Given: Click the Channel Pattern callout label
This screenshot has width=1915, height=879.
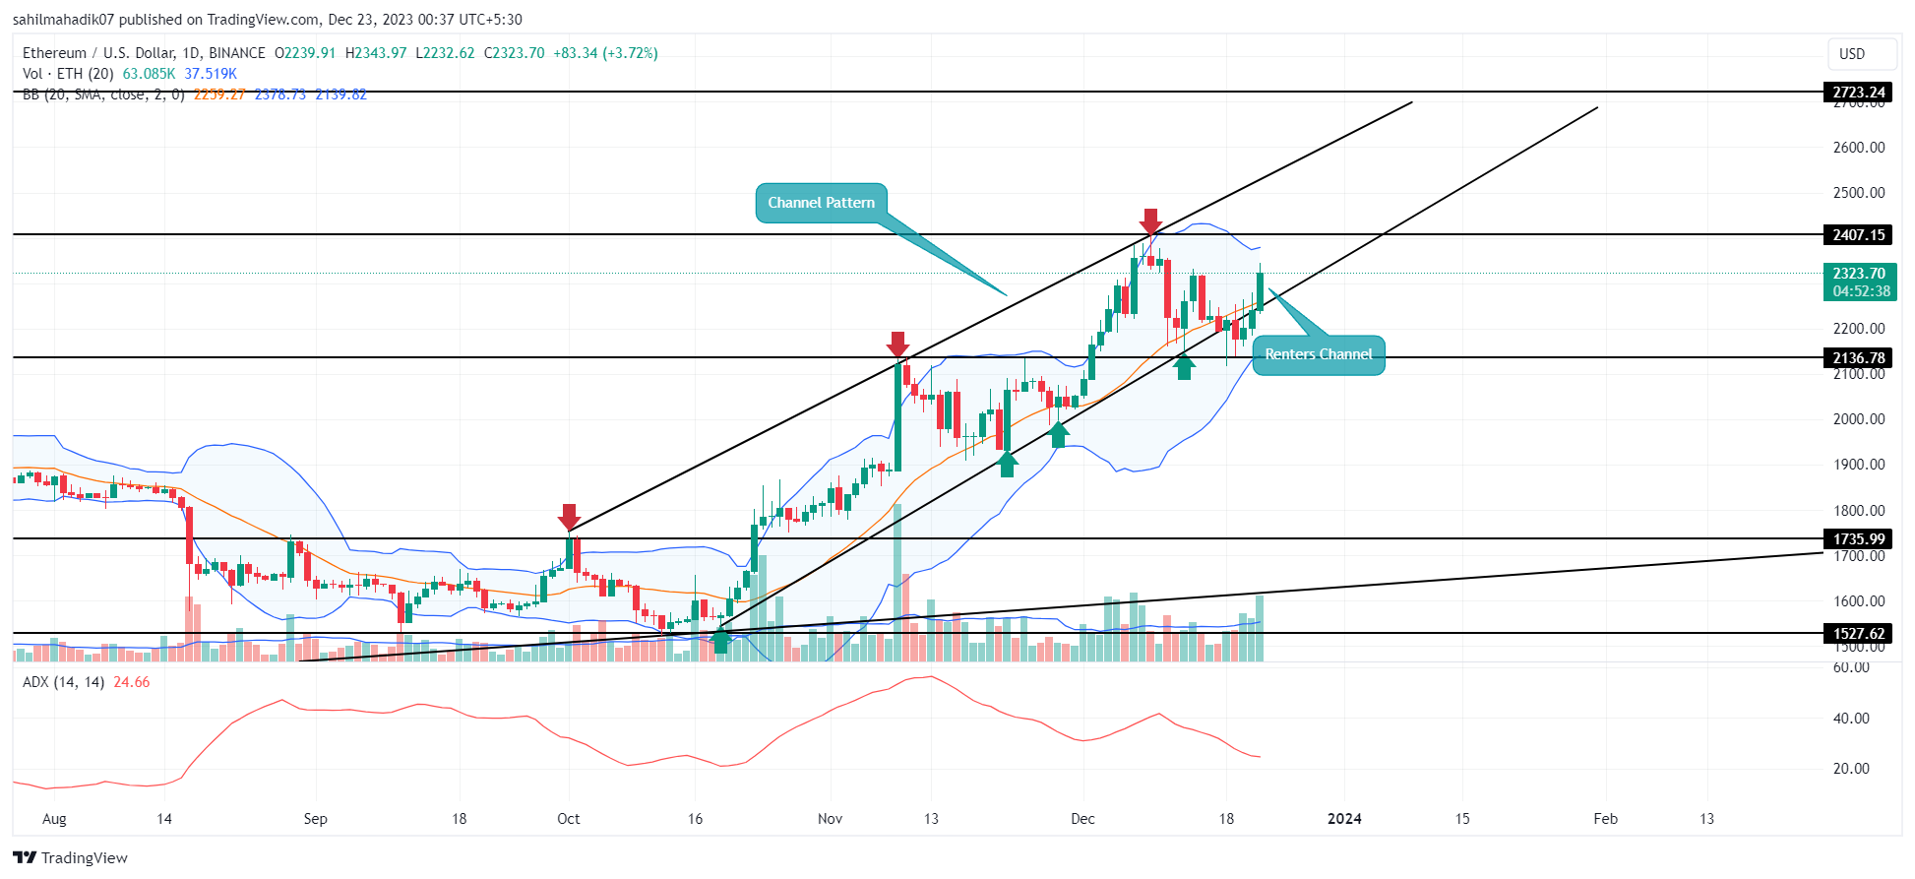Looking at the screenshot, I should [821, 203].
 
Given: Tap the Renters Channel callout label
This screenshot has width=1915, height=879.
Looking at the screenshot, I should [1318, 354].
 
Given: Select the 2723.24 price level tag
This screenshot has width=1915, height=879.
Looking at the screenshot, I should [1858, 93].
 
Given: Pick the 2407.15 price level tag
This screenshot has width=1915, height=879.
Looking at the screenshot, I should [1858, 235].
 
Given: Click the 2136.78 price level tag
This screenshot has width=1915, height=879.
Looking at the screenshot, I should [1858, 358].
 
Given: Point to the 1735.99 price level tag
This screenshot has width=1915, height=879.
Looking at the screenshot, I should [1858, 539].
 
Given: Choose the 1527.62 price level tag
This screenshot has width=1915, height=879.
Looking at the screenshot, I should [1858, 634].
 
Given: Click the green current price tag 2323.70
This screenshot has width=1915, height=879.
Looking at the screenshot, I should [1859, 282].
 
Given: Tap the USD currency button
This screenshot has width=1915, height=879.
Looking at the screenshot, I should [1852, 54].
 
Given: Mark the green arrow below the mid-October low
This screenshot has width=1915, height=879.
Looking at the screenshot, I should [720, 641].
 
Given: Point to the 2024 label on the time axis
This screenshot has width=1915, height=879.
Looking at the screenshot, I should [1344, 819].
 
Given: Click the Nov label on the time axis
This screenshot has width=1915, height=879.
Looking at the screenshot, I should [830, 819].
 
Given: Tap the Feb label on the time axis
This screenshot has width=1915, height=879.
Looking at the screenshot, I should [1605, 819].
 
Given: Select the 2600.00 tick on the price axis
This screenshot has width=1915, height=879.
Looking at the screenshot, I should [1858, 148].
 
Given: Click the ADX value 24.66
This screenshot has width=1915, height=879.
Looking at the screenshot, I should [132, 682].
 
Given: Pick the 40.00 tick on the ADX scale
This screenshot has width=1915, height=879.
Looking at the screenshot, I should [1851, 719].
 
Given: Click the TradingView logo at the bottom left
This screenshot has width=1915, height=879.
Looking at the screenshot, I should [71, 857].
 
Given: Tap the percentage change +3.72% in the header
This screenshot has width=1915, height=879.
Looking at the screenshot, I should [631, 53].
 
